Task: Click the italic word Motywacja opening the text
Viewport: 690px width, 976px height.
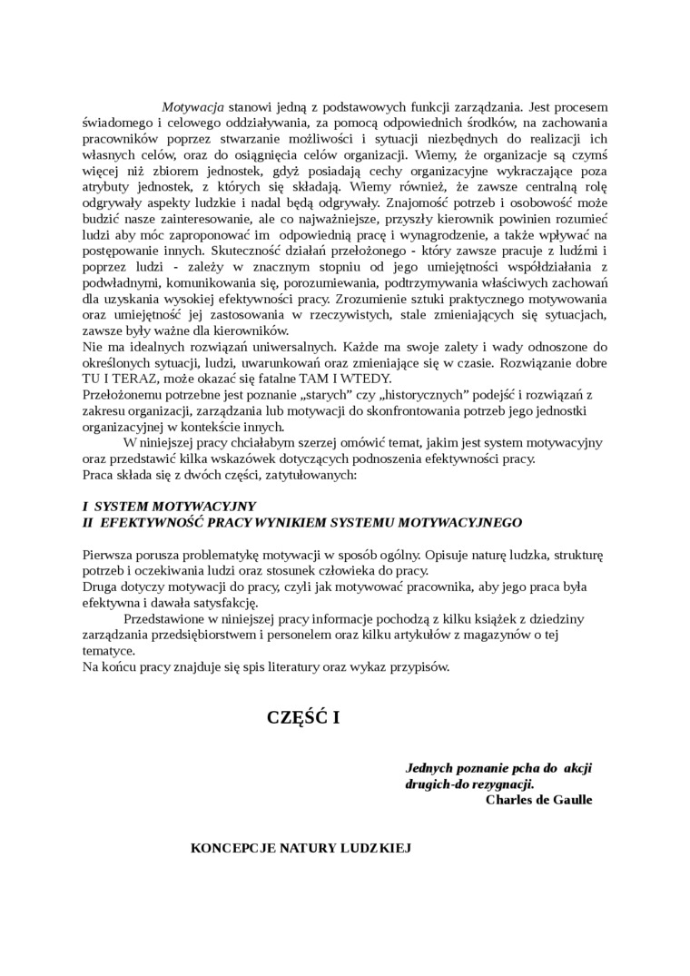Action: point(192,107)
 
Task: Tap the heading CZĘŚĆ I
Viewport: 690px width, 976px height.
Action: point(302,717)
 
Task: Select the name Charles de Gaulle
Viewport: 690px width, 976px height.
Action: point(538,800)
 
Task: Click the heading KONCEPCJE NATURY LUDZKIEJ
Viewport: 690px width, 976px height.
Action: point(301,848)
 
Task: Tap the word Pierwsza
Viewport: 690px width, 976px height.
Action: point(107,554)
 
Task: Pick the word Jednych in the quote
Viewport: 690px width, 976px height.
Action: point(429,767)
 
